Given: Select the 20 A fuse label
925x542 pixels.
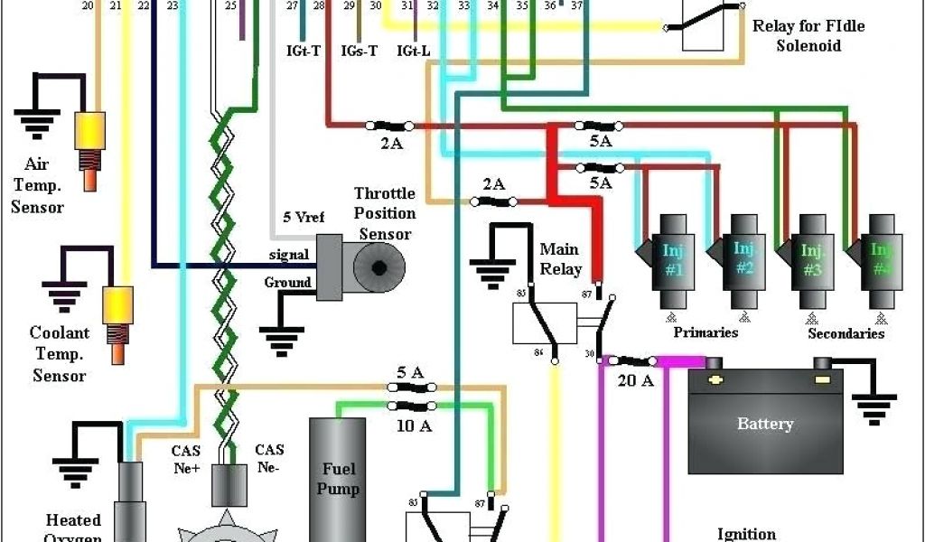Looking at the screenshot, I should click(635, 380).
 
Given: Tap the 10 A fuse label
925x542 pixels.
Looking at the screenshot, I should click(414, 425).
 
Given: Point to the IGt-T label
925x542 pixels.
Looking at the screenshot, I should click(303, 51).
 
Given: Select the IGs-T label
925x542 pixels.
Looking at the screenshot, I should click(359, 51).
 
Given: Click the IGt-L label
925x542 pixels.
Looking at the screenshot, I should click(413, 51).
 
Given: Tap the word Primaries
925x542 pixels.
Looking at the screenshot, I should click(705, 332).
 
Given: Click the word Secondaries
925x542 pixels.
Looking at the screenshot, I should click(846, 333).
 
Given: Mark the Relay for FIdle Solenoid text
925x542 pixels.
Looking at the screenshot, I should click(808, 36).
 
